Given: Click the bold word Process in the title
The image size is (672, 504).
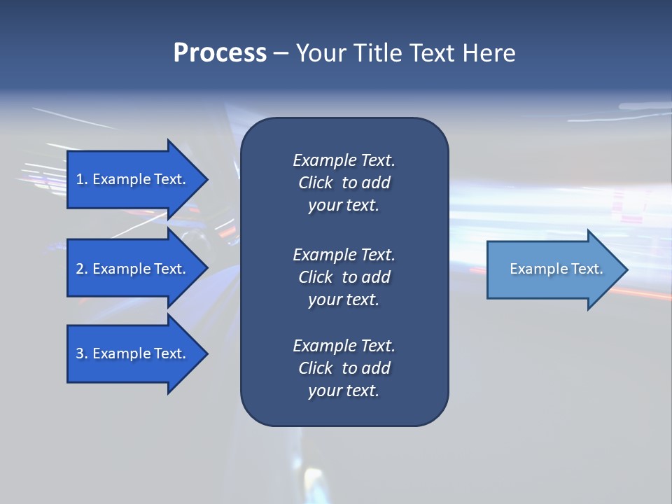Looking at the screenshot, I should tap(220, 53).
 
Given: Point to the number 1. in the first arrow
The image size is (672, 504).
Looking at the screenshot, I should tap(82, 179).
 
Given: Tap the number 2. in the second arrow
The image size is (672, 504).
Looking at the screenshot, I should tap(82, 269).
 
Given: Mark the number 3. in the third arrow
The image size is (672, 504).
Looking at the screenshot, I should tap(82, 353).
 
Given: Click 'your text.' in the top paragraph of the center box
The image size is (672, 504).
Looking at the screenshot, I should tap(344, 206).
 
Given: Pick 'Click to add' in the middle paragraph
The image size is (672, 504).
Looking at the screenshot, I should tap(344, 277).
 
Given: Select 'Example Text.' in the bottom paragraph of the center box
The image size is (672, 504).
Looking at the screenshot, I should tap(344, 346).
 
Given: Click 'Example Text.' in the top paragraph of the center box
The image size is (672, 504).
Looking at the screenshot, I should tap(344, 160).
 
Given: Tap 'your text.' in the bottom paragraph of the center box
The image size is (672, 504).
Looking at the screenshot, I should tap(344, 391).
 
